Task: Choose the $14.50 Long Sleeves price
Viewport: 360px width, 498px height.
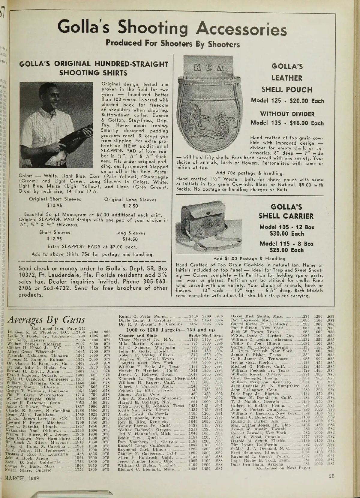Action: point(130,239)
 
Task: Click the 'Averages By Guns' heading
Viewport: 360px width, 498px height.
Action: point(46,320)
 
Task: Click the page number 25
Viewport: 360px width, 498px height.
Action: point(331,475)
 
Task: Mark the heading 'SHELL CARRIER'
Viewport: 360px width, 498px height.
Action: point(286,216)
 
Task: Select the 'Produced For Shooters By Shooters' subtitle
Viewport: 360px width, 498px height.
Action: point(172,44)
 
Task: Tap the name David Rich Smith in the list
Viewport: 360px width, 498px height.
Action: point(248,316)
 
